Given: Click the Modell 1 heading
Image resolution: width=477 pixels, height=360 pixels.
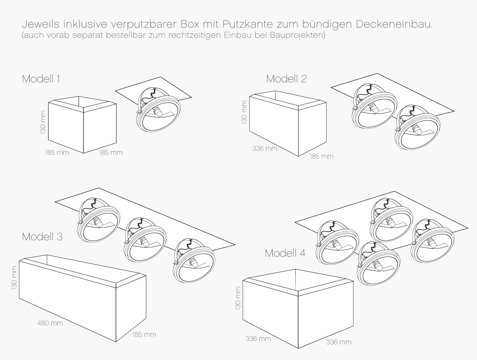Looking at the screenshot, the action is (41, 79).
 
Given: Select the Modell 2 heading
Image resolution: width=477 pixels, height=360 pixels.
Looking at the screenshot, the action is (287, 79).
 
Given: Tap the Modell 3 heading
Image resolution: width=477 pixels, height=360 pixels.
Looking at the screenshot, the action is (42, 237).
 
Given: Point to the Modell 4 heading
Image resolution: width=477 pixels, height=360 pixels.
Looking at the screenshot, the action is (285, 253).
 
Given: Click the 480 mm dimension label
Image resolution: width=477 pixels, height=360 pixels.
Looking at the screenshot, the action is (50, 323).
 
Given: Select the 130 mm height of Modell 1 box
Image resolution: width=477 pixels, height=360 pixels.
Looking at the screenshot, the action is (43, 122).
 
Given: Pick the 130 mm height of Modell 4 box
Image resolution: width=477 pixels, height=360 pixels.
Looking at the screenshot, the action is (238, 298).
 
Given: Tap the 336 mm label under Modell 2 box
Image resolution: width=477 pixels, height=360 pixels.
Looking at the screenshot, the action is (265, 148).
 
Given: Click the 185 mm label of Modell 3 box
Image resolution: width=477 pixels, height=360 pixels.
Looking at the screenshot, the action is (144, 335).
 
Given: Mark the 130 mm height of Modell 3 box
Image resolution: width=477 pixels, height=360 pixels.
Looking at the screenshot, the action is (14, 278).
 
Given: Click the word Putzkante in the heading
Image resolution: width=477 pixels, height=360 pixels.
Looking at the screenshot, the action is (248, 24).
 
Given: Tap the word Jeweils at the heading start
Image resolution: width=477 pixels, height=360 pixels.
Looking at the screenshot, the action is (41, 24).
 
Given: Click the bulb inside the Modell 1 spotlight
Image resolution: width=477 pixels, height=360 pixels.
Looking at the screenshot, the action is (157, 111).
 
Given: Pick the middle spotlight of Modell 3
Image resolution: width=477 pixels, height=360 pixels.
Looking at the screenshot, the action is (145, 237).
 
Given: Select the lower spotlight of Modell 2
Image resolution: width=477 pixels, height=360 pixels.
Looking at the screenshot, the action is (417, 127).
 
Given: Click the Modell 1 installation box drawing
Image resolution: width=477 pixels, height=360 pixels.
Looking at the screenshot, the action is (82, 125).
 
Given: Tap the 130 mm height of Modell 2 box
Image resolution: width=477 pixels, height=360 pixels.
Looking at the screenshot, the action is (244, 112).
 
